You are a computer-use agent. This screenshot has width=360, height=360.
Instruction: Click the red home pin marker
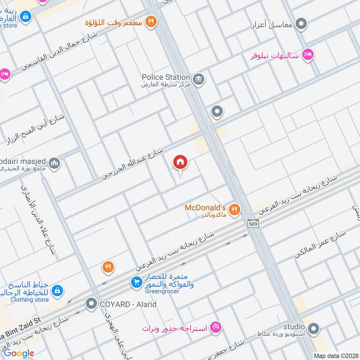180,162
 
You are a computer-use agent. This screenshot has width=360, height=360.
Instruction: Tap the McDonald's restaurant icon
234,209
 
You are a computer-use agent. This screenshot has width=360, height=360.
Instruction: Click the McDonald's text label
205,208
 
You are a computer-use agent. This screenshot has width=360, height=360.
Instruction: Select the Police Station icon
199,80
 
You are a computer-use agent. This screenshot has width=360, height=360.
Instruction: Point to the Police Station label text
166,77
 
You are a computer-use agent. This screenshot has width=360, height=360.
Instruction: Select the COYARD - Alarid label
128,304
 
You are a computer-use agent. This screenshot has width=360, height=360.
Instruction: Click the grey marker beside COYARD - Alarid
92,304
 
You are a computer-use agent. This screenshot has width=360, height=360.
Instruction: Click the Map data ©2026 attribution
336,355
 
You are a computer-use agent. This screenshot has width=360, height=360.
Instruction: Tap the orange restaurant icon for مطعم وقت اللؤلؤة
151,21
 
